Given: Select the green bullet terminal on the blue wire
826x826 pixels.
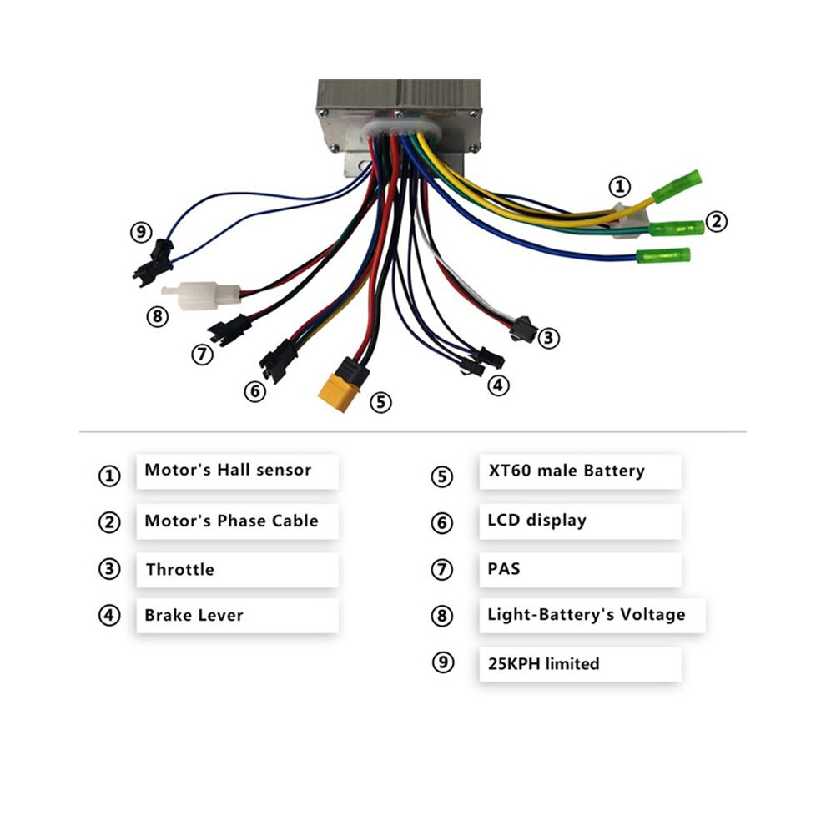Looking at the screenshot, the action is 662,256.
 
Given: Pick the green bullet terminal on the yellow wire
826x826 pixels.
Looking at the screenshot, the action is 677,186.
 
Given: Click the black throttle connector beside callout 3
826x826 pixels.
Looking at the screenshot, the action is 523,329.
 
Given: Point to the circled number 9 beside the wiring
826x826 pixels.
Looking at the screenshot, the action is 141,232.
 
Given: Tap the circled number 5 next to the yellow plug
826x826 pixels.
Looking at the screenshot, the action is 380,402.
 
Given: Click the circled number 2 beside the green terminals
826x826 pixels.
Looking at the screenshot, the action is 717,221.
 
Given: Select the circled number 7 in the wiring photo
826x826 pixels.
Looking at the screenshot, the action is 202,354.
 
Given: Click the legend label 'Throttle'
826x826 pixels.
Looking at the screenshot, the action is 180,570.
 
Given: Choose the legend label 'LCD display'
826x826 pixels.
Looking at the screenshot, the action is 536,521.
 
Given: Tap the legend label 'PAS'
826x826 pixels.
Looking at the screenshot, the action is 504,569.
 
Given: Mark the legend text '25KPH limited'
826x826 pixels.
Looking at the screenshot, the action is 544,664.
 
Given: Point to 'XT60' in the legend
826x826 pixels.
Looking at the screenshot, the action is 510,470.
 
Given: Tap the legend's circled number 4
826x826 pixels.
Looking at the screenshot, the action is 109,615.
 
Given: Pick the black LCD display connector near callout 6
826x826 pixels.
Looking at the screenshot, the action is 278,360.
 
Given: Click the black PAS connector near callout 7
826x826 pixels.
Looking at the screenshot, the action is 229,330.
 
